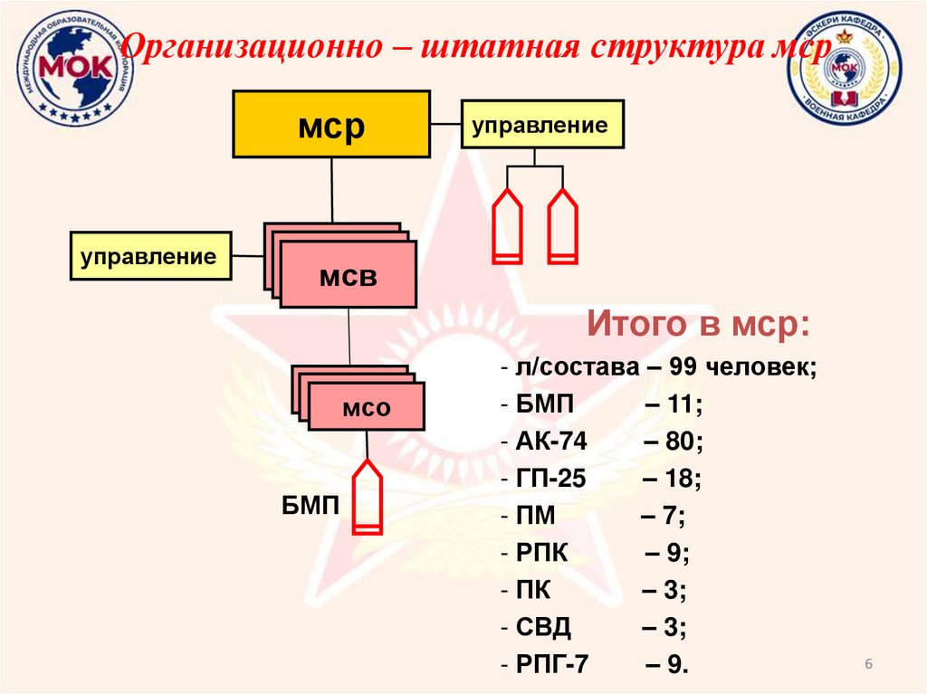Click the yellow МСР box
click(x=331, y=125)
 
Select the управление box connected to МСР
click(x=542, y=124)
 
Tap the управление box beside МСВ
click(x=150, y=256)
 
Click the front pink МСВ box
click(x=348, y=275)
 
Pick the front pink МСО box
click(x=366, y=406)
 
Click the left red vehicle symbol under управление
click(x=506, y=226)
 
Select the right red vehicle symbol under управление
click(x=563, y=226)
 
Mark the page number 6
click(x=869, y=665)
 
